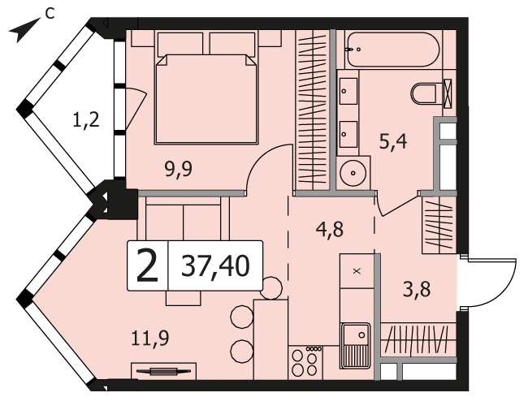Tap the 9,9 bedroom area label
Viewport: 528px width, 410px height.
point(179,169)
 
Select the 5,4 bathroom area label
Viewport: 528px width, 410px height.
point(393,141)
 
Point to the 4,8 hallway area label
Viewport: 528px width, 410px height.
point(330,229)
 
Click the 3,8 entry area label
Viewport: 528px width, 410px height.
point(417,290)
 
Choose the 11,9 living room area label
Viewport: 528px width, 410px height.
point(149,339)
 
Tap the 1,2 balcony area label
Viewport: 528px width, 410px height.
point(86,120)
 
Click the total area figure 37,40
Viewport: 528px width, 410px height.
point(215,266)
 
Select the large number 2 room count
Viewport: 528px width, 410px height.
point(148,266)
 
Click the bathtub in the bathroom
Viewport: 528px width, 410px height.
point(392,50)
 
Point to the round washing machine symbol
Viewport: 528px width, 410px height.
point(353,173)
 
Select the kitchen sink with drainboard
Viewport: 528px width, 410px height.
point(356,346)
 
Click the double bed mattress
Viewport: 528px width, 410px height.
point(206,100)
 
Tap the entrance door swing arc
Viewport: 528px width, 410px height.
point(497,283)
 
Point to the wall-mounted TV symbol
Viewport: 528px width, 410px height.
point(163,371)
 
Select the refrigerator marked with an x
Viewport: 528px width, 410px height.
point(357,271)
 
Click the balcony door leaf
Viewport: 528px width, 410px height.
point(136,107)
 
